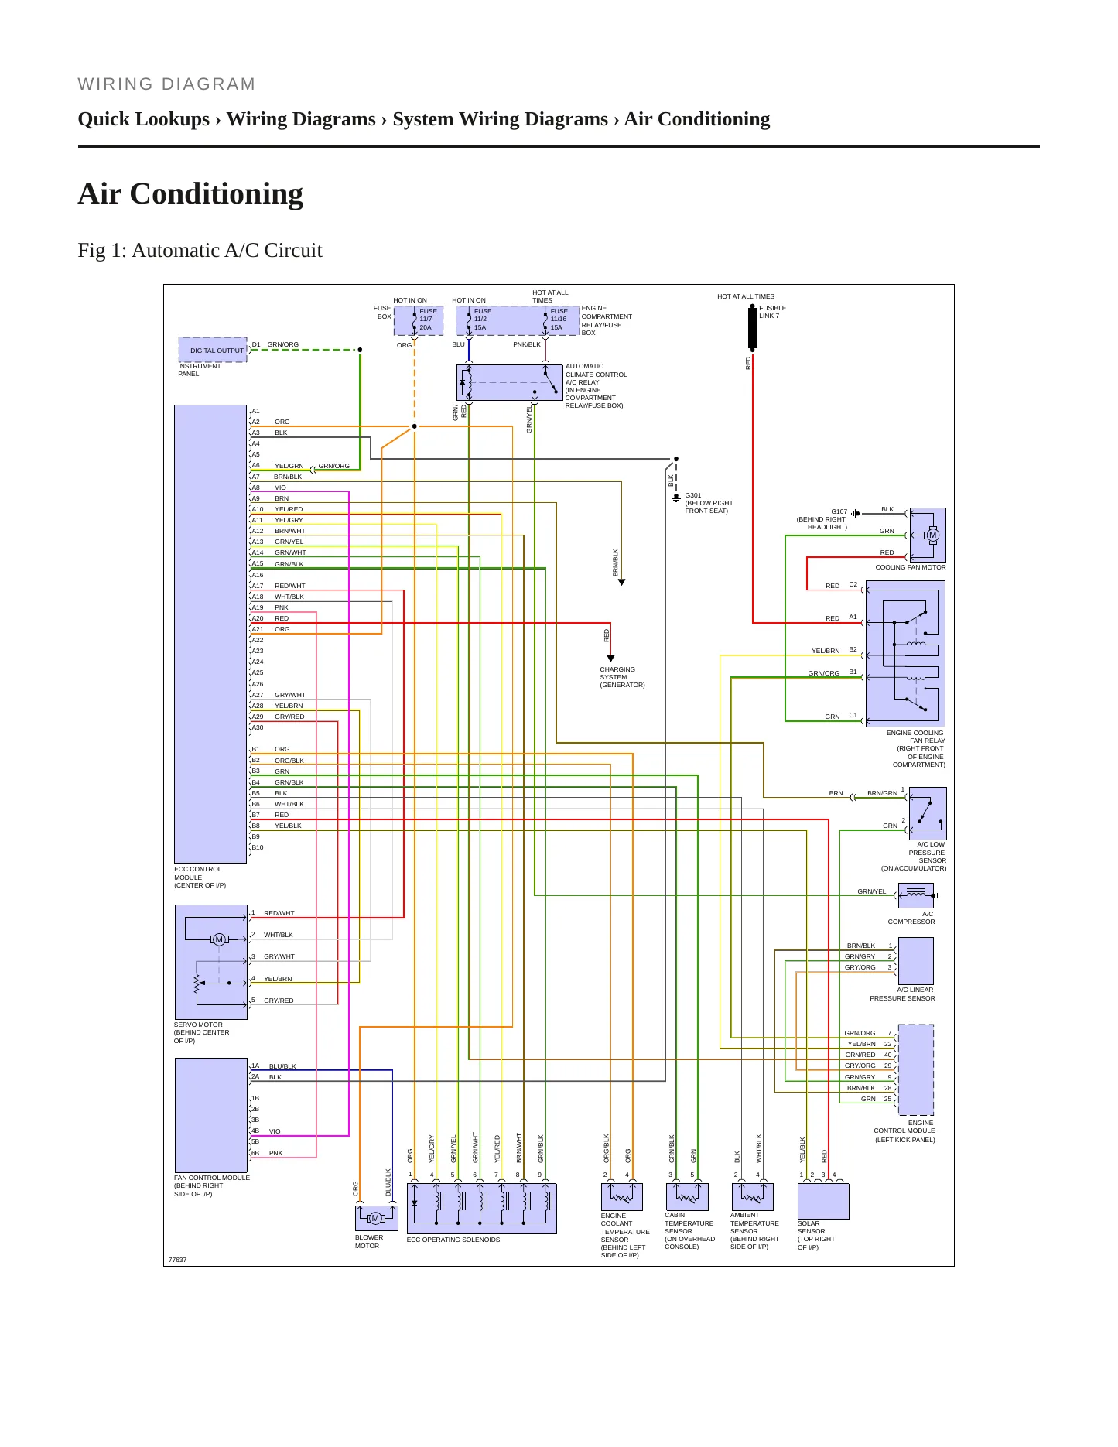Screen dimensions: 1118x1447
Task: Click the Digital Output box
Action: click(213, 350)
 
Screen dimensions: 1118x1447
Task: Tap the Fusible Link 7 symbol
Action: click(752, 327)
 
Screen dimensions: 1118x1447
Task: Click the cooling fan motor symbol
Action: click(932, 535)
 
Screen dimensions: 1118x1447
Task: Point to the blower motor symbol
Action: click(376, 1219)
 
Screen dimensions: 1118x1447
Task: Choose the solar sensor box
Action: click(823, 1202)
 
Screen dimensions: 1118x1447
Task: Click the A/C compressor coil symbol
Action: click(916, 895)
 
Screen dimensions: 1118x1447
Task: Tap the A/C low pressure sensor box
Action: click(928, 813)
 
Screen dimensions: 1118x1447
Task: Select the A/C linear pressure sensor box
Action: click(916, 961)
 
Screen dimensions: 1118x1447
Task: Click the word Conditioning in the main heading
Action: click(217, 193)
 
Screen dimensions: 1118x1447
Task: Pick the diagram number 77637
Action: click(177, 1260)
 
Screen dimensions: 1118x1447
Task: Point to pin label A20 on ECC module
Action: click(258, 618)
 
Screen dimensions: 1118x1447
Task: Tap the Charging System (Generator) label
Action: click(622, 677)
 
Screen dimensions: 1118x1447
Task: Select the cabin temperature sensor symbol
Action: click(687, 1196)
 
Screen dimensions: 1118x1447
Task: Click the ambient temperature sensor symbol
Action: click(752, 1196)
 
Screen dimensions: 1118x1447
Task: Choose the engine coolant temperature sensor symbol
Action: click(622, 1196)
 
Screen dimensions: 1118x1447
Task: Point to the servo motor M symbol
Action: click(219, 939)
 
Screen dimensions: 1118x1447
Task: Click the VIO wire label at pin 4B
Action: click(275, 1131)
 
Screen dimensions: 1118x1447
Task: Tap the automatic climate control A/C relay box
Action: click(510, 382)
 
